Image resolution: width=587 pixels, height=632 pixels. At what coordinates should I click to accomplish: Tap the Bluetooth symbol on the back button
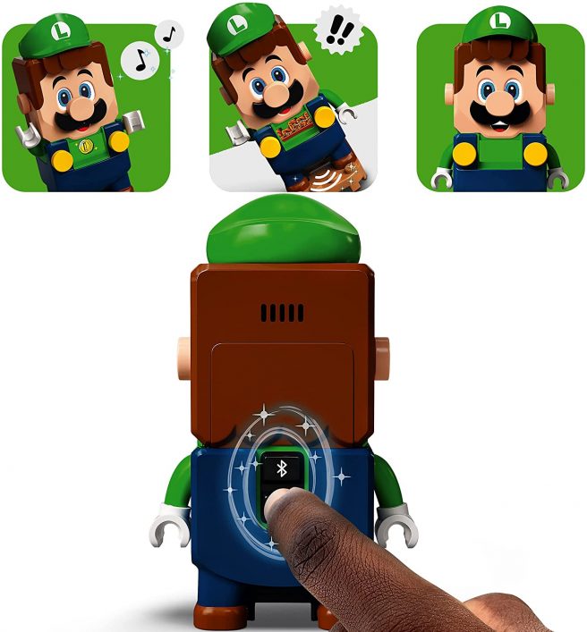pyautogui.click(x=280, y=468)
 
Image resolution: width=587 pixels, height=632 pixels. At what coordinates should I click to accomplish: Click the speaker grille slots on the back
pyautogui.click(x=282, y=313)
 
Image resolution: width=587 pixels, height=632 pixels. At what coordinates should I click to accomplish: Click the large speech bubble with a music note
pyautogui.click(x=137, y=62)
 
